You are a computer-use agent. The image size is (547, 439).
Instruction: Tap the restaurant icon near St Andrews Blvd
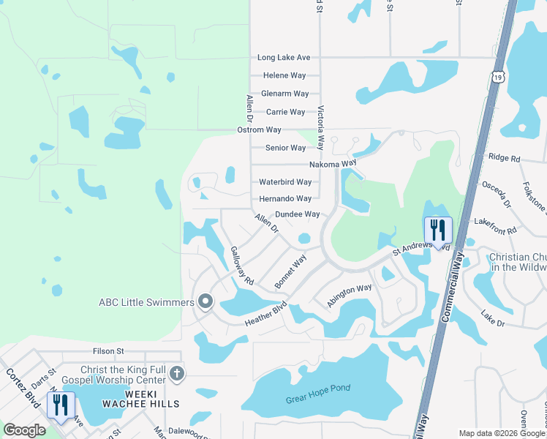point(437,230)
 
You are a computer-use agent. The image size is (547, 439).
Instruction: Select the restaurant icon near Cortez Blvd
point(61,404)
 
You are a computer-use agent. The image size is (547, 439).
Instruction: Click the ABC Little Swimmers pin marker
point(205,301)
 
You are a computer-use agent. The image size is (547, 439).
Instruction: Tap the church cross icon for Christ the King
point(176,375)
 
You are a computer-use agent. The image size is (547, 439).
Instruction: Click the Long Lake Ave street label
point(284,57)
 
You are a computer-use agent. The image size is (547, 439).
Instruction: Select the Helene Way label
point(284,75)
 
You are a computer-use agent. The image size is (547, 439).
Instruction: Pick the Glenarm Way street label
point(285,94)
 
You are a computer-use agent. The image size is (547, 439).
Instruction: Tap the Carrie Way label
point(285,112)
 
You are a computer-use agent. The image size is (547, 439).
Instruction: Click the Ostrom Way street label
point(259,130)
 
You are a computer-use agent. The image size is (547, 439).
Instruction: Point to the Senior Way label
point(285,148)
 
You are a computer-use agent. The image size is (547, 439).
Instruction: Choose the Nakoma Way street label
point(332,164)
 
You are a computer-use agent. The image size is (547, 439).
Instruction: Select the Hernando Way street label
point(285,198)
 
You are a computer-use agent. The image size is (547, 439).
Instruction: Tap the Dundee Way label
point(298,214)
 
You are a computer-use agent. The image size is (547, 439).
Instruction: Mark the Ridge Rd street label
point(504,158)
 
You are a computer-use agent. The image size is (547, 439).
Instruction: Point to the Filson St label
point(107,352)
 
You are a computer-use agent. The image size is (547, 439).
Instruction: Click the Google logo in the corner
point(24,430)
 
